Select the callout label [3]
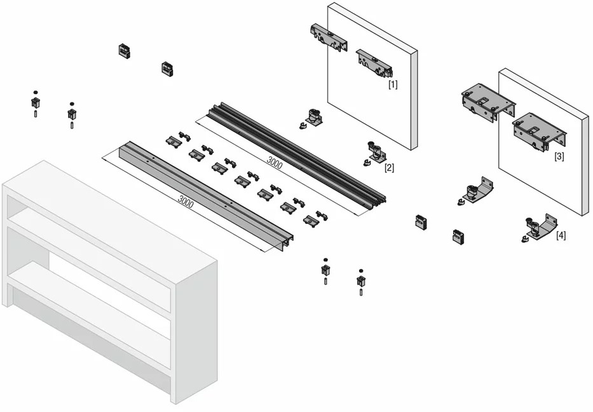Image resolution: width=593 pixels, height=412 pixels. coord(559,156)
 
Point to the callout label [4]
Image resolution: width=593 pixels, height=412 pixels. coord(561,235)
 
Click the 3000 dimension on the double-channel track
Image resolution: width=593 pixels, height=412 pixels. coord(275,162)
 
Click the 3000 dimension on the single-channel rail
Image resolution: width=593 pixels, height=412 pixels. coord(186,203)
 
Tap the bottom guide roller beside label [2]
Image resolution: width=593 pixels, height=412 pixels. coord(374,153)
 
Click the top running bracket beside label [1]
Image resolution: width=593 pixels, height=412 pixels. coord(372,63)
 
